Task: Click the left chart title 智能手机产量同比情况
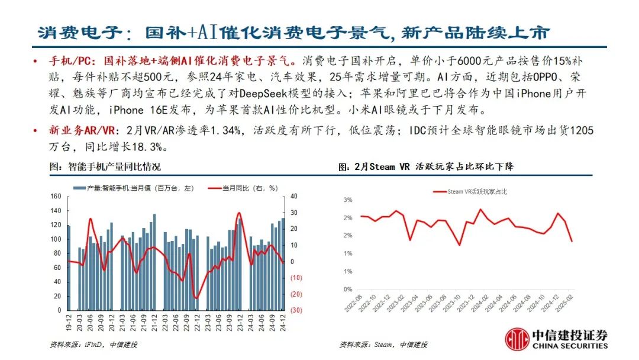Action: pyautogui.click(x=105, y=167)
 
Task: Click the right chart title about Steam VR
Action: pyautogui.click(x=426, y=167)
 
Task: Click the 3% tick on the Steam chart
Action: pyautogui.click(x=348, y=200)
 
